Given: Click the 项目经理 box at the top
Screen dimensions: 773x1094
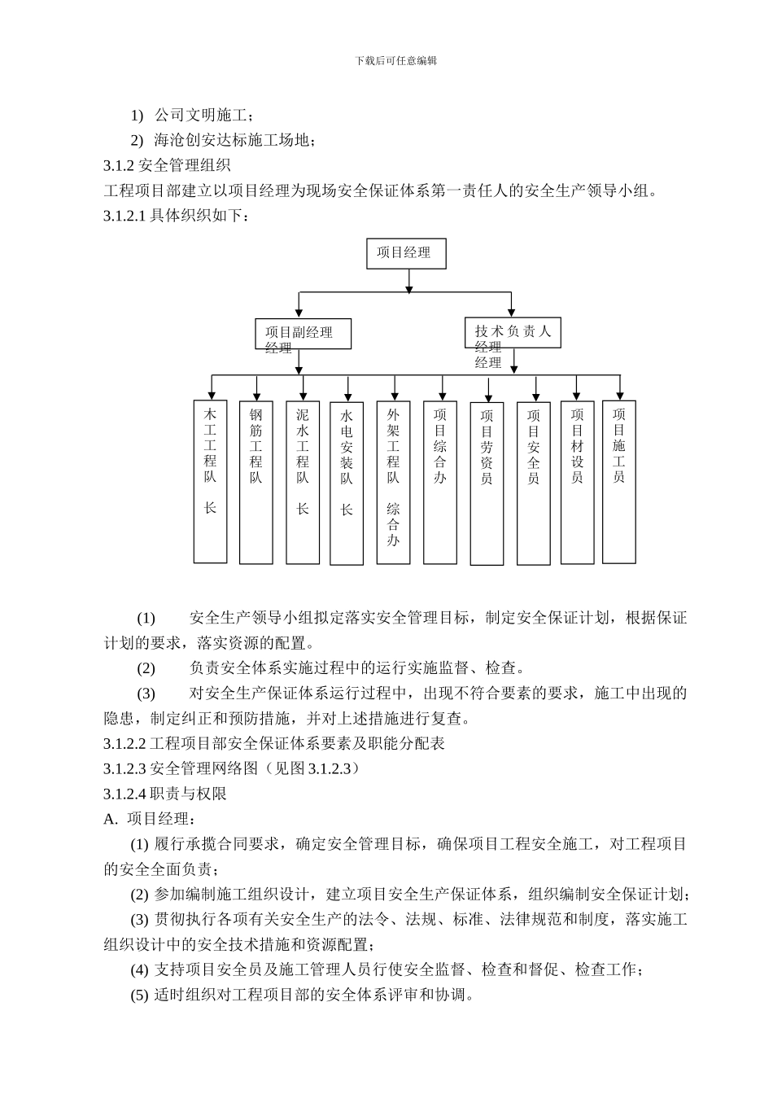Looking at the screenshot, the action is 407,252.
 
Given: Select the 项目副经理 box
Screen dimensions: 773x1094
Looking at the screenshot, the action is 303,334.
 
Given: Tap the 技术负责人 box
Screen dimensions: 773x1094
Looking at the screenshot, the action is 513,332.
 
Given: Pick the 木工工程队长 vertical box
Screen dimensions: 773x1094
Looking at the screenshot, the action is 210,481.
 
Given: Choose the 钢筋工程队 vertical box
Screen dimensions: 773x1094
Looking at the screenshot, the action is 256,482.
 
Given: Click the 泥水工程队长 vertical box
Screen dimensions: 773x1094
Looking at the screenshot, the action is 303,482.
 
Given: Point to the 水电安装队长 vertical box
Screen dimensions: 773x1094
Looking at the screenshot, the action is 347,482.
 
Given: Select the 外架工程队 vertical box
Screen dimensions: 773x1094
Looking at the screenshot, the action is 394,482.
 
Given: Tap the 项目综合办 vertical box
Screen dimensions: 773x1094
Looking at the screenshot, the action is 440,482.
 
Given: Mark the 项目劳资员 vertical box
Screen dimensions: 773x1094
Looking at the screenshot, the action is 487,484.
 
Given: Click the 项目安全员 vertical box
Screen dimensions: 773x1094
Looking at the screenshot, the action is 534,484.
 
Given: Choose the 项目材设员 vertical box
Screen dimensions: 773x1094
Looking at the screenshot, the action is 577,482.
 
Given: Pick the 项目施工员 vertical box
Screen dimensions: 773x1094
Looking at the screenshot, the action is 619,481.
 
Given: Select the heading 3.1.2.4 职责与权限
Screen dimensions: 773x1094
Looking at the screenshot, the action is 165,794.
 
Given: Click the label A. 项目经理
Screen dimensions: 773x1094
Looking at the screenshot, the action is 150,819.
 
